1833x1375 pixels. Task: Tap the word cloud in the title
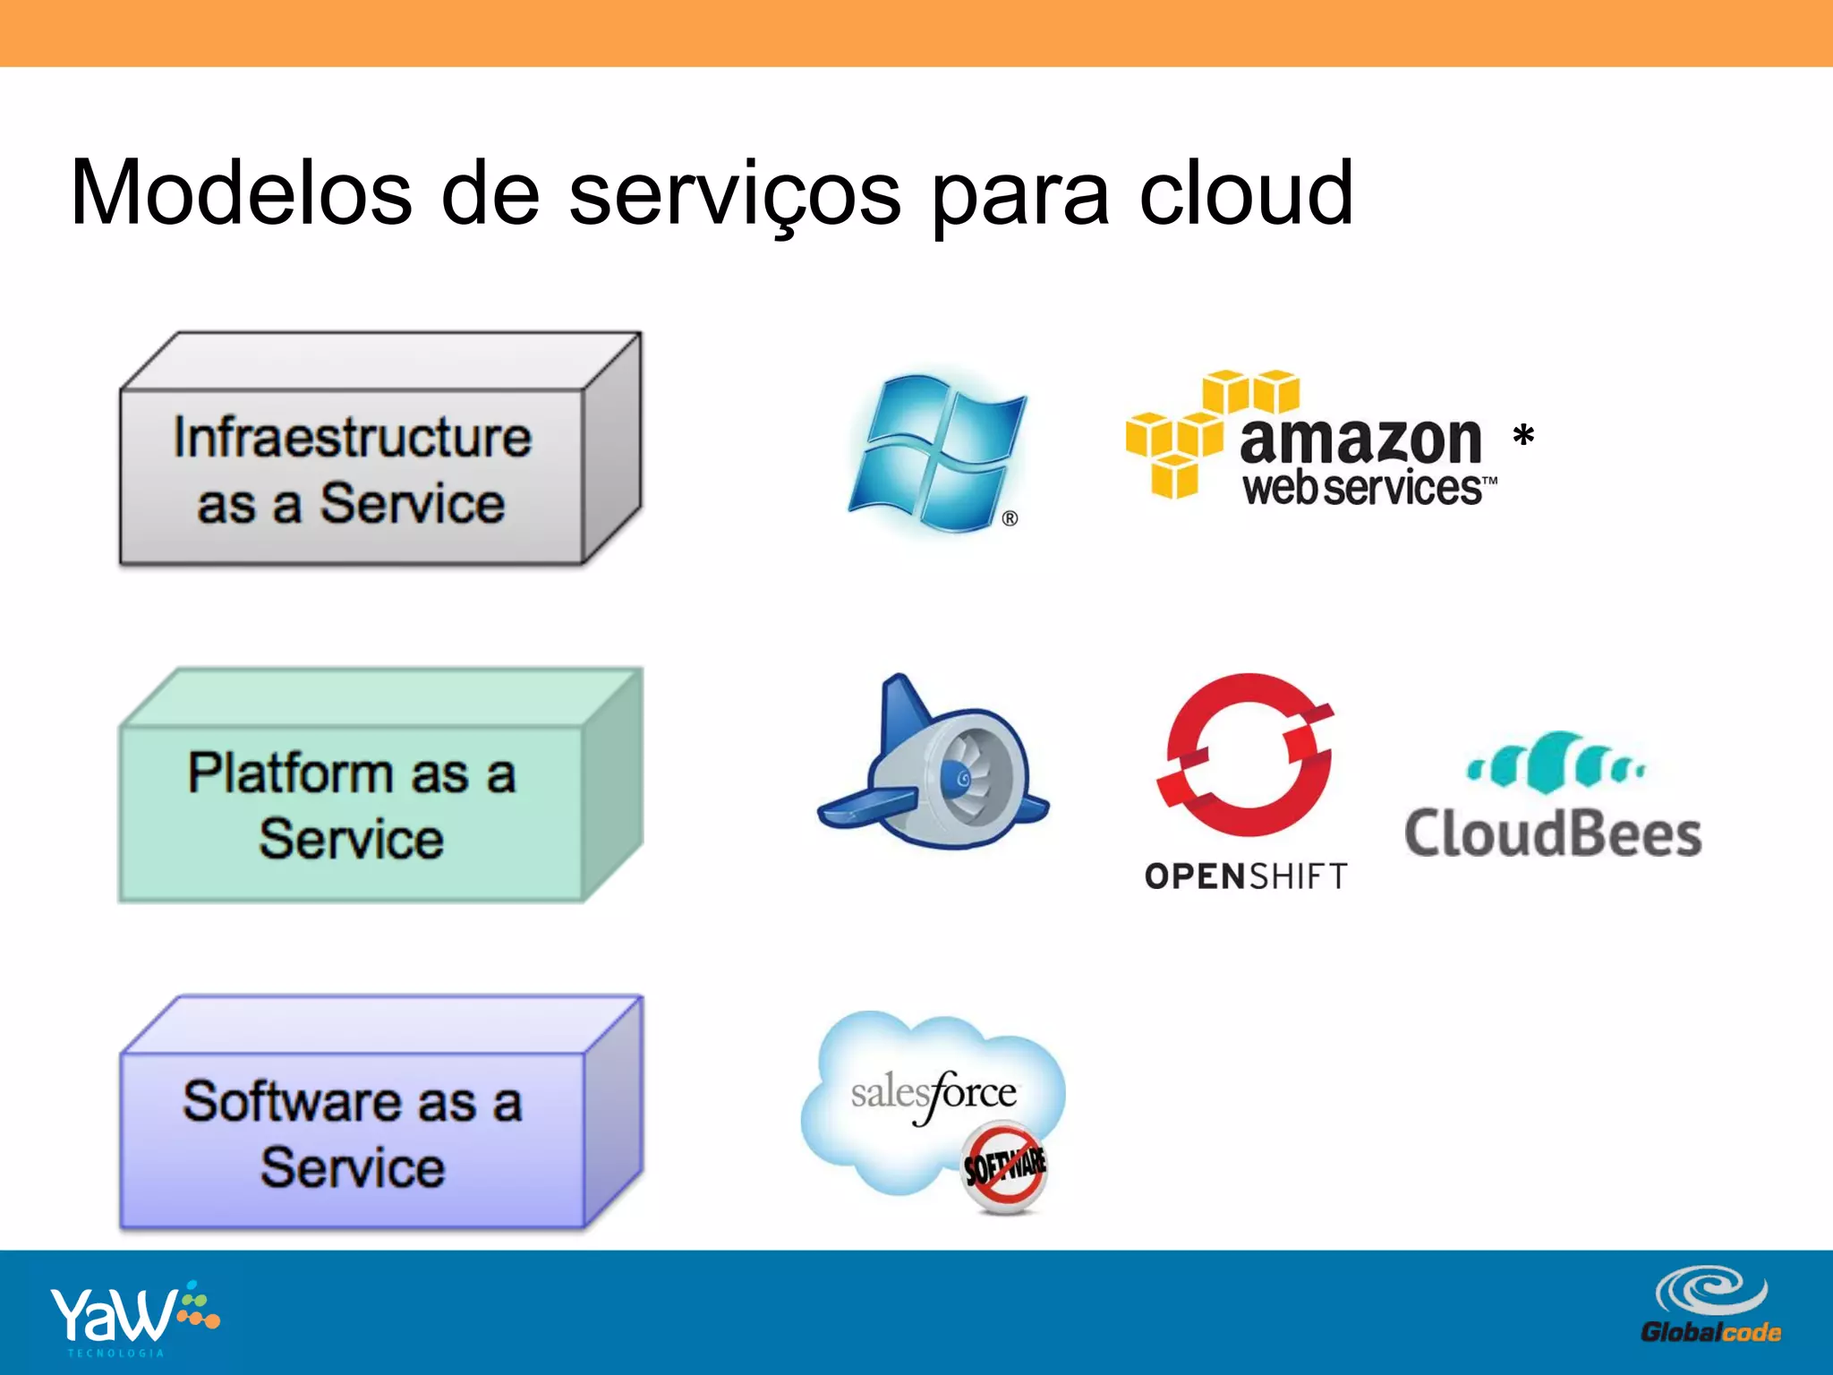[x=1245, y=192]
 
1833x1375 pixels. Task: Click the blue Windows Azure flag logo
[x=935, y=452]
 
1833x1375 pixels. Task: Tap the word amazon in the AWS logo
[x=1360, y=440]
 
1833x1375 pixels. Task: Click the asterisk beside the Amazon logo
[x=1523, y=437]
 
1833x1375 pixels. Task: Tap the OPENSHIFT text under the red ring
[x=1246, y=876]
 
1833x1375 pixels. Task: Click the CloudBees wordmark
[x=1553, y=834]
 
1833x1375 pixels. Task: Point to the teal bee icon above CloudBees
[x=1556, y=763]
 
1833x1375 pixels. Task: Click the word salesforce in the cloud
[x=934, y=1093]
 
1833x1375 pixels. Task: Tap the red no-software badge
[x=1004, y=1168]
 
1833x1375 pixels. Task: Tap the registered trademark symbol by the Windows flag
[x=1010, y=518]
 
